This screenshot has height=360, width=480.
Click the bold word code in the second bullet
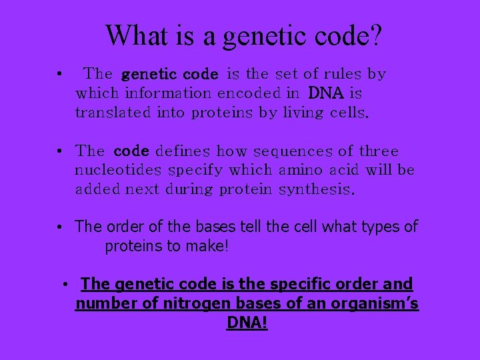(131, 151)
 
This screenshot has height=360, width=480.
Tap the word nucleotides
(112, 170)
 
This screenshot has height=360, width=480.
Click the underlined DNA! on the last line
(247, 323)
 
